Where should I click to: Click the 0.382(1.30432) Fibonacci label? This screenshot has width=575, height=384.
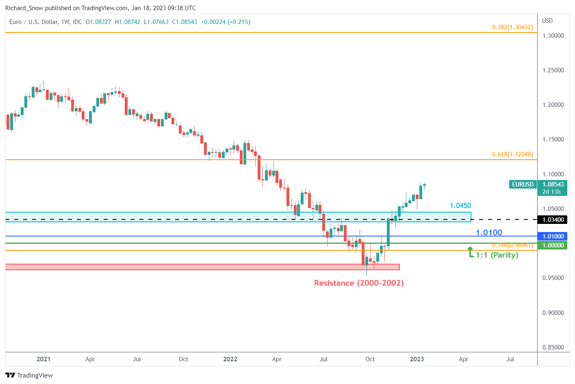point(512,27)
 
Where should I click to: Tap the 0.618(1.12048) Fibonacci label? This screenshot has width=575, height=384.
point(512,154)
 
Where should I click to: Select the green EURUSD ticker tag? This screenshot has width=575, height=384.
point(523,184)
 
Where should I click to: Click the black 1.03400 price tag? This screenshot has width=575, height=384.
point(553,220)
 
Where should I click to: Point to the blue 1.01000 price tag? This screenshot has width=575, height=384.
point(553,236)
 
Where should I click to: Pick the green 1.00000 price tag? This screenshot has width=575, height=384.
point(553,245)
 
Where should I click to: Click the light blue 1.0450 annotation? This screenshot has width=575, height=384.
point(460,206)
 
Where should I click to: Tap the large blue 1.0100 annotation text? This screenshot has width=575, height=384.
point(489,233)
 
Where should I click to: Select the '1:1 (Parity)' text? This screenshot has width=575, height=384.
point(497,255)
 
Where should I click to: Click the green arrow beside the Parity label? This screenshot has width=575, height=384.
point(470,252)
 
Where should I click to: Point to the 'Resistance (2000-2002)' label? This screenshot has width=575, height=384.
point(359,283)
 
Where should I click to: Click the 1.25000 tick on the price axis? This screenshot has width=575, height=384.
point(553,70)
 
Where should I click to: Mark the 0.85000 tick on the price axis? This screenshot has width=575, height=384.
point(553,347)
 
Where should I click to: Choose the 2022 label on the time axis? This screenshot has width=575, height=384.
point(230,359)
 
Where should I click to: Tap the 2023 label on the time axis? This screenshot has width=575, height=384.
point(417,359)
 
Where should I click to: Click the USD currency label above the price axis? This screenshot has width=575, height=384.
point(547,21)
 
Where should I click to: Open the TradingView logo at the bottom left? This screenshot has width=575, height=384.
point(29,375)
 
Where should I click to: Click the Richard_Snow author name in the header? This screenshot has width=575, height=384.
point(24,8)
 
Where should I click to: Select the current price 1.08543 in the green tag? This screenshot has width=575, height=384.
point(553,184)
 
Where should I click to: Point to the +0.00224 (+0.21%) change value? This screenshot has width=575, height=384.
point(226,22)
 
